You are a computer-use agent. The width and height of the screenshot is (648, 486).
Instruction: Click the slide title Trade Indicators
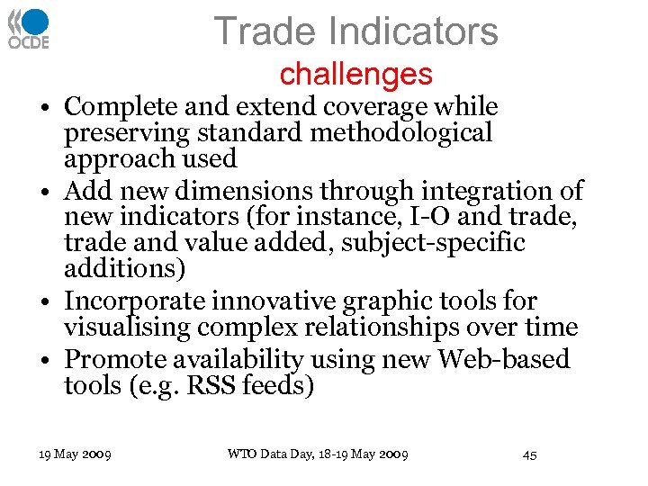pyautogui.click(x=355, y=31)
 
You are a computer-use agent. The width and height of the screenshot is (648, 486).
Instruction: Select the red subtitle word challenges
pyautogui.click(x=355, y=74)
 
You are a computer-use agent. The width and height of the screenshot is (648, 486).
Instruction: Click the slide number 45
pyautogui.click(x=529, y=454)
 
